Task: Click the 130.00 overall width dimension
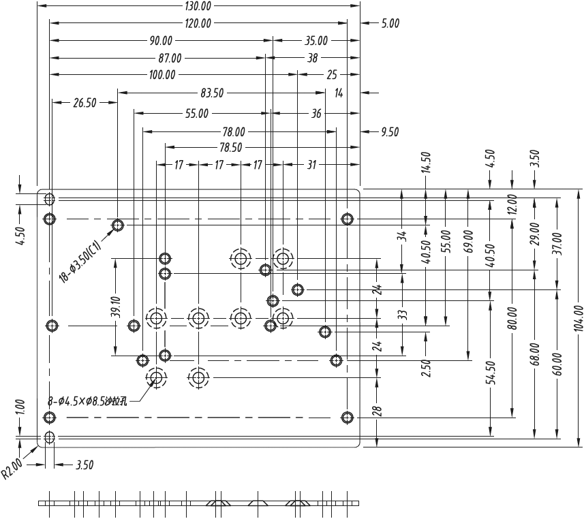pyautogui.click(x=198, y=6)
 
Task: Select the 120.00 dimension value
pyautogui.click(x=198, y=23)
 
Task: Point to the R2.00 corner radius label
pyautogui.click(x=12, y=469)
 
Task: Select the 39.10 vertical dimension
pyautogui.click(x=116, y=307)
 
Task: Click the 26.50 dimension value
pyautogui.click(x=84, y=104)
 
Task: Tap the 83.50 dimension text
pyautogui.click(x=212, y=93)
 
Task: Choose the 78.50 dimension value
pyautogui.click(x=230, y=147)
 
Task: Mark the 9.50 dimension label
pyautogui.click(x=389, y=132)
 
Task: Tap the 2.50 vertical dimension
pyautogui.click(x=426, y=368)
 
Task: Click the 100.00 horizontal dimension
pyautogui.click(x=162, y=75)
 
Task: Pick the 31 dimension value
pyautogui.click(x=311, y=165)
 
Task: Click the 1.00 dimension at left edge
pyautogui.click(x=20, y=407)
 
